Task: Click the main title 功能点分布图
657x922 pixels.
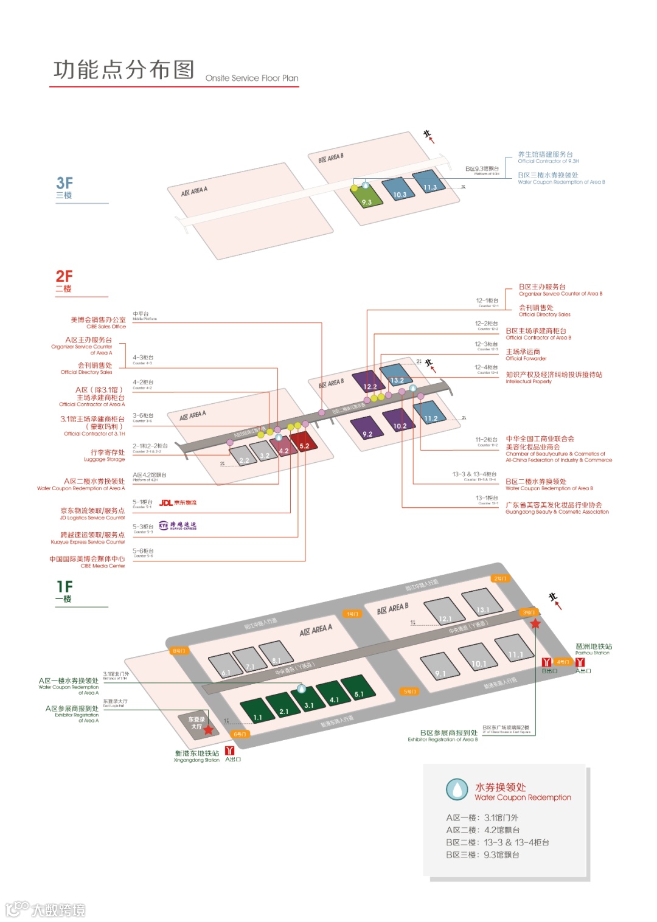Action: (123, 70)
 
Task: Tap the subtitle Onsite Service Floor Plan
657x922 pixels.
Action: (252, 78)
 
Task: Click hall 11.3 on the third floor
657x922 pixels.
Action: (429, 182)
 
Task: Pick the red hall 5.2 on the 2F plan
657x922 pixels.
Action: (304, 441)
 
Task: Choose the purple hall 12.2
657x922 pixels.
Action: (369, 381)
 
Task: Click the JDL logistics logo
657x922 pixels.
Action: (178, 502)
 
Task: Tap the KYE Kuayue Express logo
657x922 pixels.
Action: (178, 525)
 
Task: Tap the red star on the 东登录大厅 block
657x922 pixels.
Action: (209, 729)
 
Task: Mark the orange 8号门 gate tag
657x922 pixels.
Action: (179, 651)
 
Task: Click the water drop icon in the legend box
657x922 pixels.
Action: (457, 789)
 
